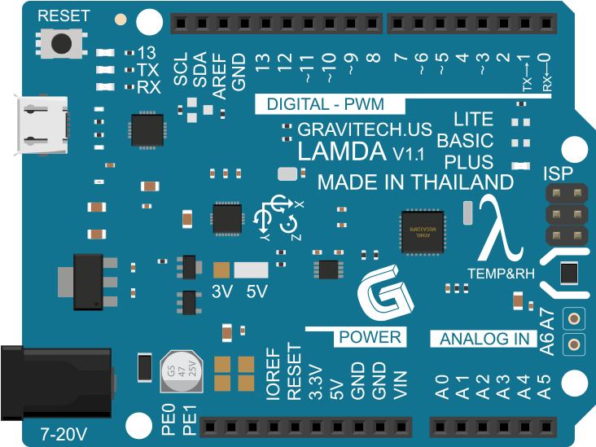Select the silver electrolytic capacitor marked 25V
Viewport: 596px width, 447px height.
pos(180,370)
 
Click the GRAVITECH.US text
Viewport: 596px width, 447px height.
pos(364,129)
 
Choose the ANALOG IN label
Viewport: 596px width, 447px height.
pos(484,339)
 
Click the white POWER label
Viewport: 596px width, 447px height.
pos(370,337)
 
